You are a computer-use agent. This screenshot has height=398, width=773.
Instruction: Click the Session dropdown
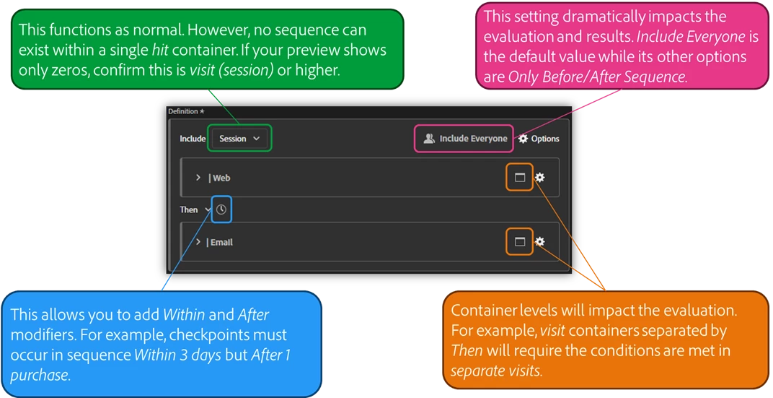(239, 139)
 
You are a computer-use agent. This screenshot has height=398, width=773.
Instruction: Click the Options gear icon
(524, 139)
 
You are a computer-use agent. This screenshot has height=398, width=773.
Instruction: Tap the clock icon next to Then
(221, 209)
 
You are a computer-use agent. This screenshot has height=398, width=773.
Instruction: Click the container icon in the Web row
(519, 178)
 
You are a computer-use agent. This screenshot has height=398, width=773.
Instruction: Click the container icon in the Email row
(519, 242)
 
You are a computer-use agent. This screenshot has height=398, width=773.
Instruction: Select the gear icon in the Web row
(539, 178)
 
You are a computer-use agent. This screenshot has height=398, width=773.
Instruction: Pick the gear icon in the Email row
(539, 242)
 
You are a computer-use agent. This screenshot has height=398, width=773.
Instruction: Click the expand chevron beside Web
(198, 178)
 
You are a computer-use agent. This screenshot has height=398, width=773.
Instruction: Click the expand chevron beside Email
(198, 242)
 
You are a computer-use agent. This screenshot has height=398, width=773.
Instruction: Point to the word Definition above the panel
(183, 111)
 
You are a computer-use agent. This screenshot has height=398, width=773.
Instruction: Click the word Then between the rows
(189, 209)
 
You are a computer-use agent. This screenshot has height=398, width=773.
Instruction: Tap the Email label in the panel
(221, 242)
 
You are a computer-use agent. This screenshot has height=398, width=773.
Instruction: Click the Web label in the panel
(221, 178)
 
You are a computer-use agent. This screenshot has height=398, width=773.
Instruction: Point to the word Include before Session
(193, 139)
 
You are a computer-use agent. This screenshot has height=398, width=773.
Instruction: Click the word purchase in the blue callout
(40, 376)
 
